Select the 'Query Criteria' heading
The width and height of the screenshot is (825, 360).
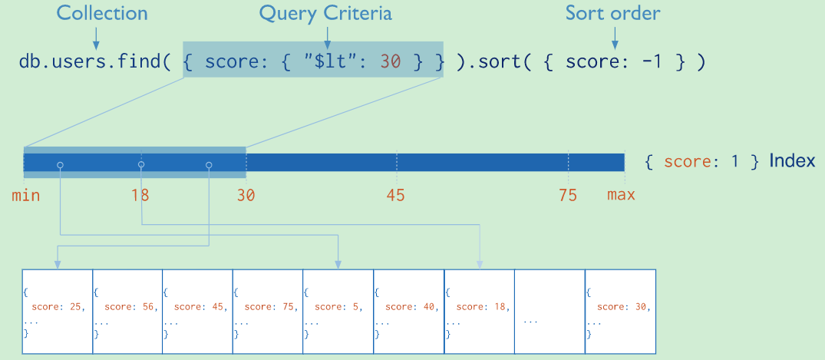coord(325,14)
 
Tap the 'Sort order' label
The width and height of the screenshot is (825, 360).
coord(612,14)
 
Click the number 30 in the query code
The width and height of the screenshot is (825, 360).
coord(391,63)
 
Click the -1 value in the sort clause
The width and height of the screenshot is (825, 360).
coord(651,63)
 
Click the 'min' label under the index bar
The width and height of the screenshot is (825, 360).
coord(25,195)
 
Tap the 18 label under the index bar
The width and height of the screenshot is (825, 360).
coord(140,195)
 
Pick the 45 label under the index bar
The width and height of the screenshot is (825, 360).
coord(395,195)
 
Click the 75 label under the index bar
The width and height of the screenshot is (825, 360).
coord(567,195)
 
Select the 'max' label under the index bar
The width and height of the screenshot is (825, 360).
coord(621,195)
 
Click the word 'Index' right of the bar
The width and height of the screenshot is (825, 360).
coord(792,161)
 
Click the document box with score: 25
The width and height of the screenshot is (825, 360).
coord(58,312)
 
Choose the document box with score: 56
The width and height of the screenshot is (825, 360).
coord(127,312)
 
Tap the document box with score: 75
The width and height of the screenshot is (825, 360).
coord(268,312)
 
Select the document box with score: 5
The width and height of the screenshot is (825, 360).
coord(338,312)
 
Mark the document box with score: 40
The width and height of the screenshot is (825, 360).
coord(408,312)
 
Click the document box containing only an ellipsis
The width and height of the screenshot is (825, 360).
coord(549,312)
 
